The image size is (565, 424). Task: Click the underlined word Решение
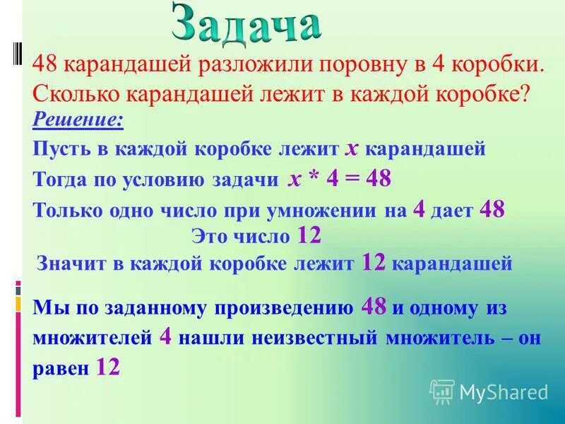(78, 120)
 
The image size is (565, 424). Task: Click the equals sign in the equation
(355, 179)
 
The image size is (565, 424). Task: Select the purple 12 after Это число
(310, 235)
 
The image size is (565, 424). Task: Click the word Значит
(68, 264)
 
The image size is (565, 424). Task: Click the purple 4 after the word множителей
(166, 336)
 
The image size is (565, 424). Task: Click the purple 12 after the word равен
(108, 367)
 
